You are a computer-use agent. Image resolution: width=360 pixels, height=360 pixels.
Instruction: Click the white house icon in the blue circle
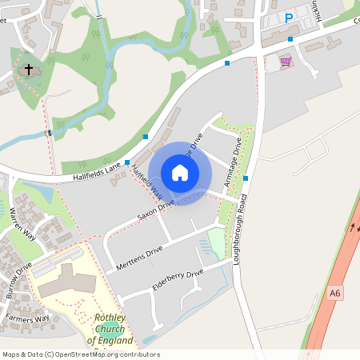click(x=180, y=173)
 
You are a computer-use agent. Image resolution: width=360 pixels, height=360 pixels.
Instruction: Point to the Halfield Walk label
click(x=146, y=184)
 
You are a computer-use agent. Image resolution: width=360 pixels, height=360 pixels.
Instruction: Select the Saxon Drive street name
click(x=155, y=210)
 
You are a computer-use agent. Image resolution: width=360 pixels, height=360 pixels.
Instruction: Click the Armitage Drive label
click(x=234, y=162)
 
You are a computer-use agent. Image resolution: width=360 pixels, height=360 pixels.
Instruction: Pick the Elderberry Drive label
click(x=178, y=281)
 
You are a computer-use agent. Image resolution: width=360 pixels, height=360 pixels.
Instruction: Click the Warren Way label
click(x=23, y=224)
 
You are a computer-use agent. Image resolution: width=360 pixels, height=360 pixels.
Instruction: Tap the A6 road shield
click(x=335, y=294)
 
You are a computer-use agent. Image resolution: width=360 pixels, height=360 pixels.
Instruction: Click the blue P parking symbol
click(x=290, y=18)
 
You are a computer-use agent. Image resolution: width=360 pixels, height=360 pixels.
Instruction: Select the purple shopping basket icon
click(x=286, y=61)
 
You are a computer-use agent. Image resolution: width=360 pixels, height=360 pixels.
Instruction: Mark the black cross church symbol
click(x=29, y=70)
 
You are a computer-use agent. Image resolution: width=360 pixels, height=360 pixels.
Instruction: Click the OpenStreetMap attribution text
click(x=80, y=354)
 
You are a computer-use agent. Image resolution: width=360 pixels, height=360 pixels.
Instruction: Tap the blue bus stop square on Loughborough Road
click(x=246, y=178)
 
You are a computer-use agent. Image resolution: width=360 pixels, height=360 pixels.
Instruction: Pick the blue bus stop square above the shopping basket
click(x=290, y=39)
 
